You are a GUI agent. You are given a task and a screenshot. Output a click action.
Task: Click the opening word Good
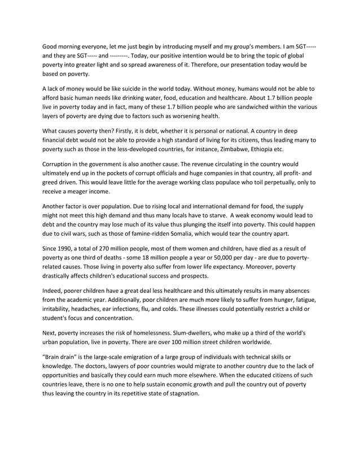[x=52, y=45]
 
